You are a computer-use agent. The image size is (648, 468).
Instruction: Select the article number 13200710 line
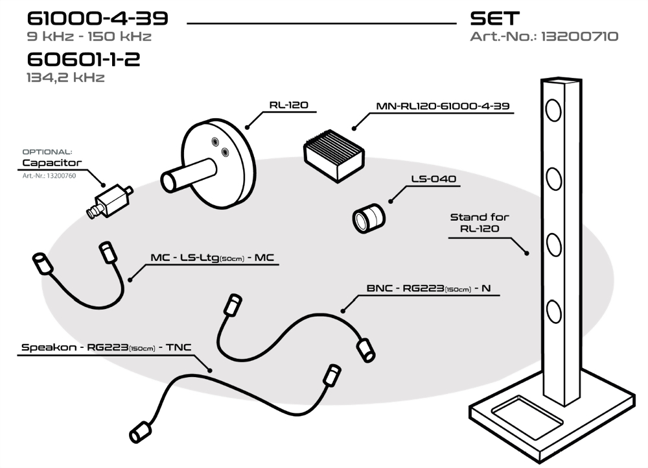(544, 37)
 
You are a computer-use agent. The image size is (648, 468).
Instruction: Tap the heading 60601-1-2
(84, 60)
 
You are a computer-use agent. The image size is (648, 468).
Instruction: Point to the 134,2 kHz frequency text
(65, 78)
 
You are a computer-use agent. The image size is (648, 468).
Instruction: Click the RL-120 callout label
(289, 105)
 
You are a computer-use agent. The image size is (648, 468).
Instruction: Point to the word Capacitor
(51, 163)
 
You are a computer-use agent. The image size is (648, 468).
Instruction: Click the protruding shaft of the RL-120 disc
(185, 176)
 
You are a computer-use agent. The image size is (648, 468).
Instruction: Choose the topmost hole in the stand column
(553, 110)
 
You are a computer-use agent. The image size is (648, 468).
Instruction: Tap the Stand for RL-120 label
(480, 223)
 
